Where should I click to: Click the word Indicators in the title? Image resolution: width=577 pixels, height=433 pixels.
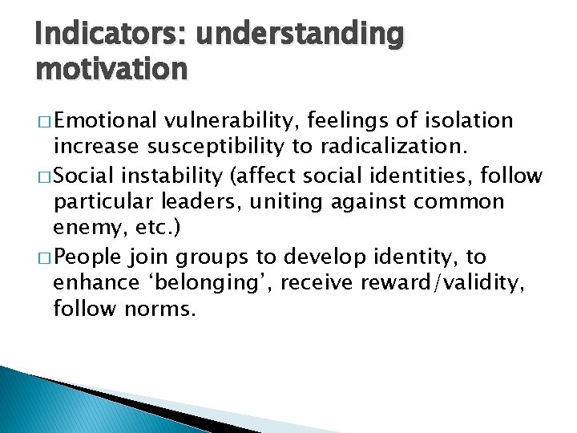pos(95,35)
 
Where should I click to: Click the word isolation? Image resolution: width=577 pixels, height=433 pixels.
pos(469,121)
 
